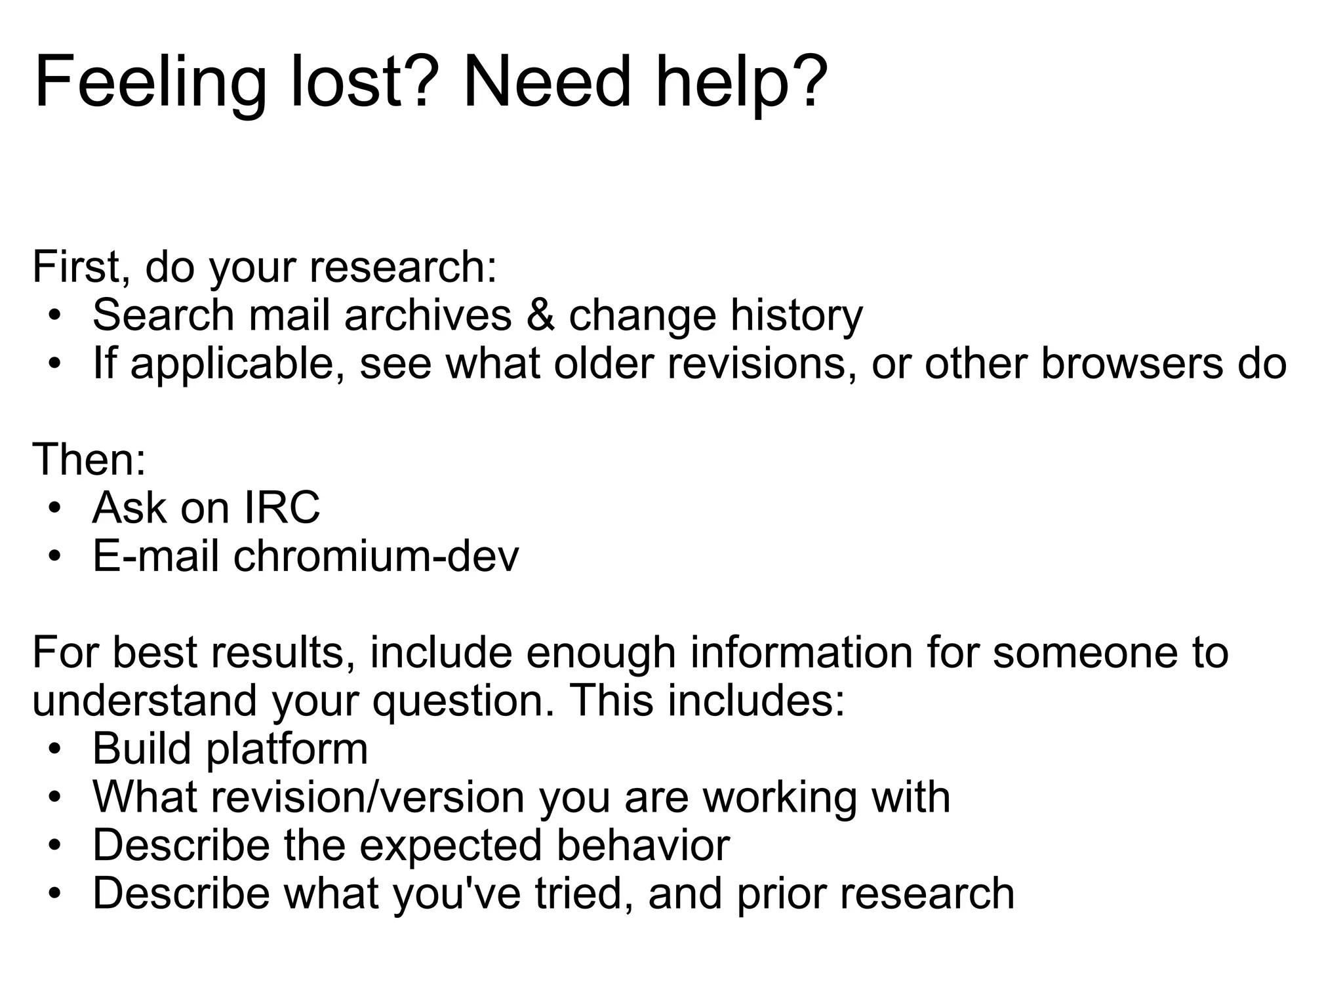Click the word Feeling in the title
click(x=150, y=83)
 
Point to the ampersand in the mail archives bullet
click(x=539, y=315)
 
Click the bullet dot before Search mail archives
click(x=55, y=316)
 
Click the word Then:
click(x=89, y=460)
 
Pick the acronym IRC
click(x=282, y=507)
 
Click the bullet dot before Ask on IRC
click(x=55, y=509)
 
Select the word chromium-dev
click(x=376, y=556)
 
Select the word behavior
click(x=643, y=845)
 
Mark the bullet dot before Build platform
click(x=55, y=749)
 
